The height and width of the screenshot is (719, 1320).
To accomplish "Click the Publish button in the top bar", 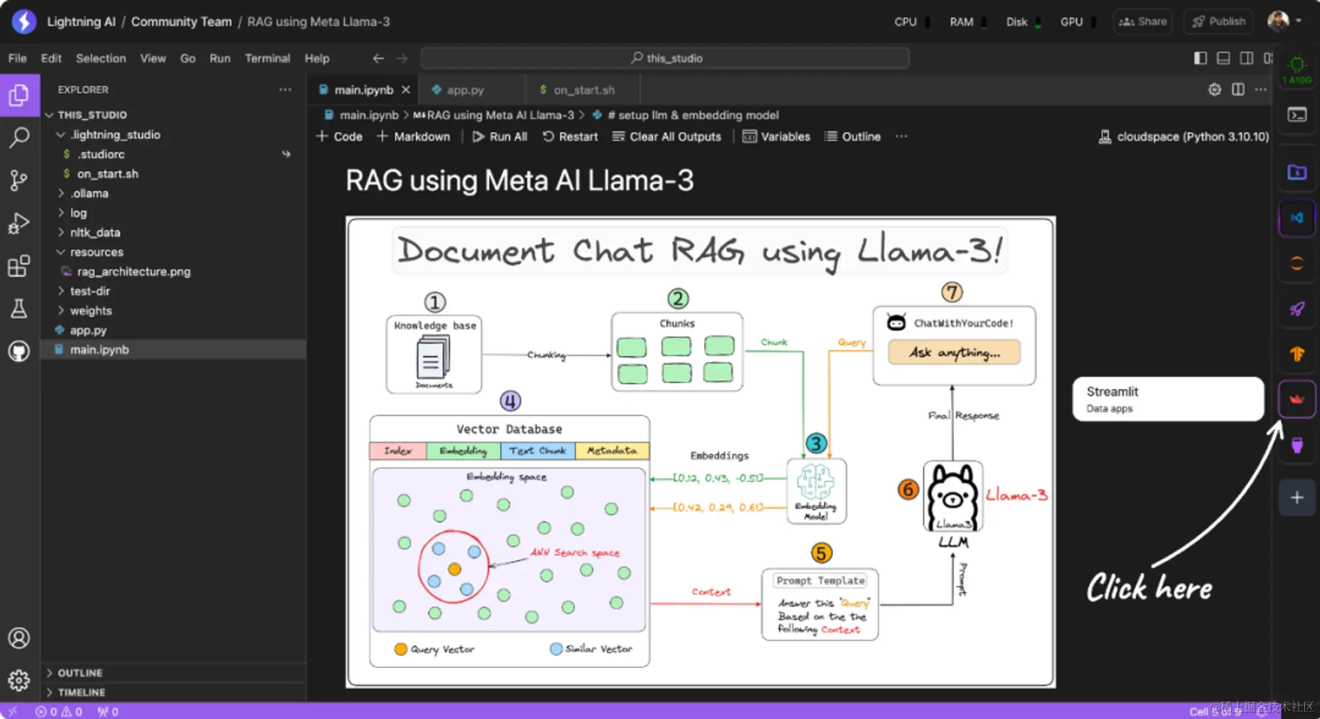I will point(1218,22).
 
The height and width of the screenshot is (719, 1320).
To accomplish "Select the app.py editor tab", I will point(465,90).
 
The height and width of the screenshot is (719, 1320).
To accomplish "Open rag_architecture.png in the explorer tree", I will point(133,271).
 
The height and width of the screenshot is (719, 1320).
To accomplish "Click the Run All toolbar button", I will point(500,137).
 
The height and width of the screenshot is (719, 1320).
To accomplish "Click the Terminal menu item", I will point(267,58).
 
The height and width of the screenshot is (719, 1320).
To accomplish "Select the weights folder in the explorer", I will point(91,310).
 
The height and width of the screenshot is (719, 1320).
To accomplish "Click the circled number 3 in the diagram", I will point(816,443).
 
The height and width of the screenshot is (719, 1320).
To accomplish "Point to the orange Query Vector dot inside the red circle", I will point(454,569).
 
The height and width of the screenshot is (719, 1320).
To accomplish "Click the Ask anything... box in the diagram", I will point(954,353).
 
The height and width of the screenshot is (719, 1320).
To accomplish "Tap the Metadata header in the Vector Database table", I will point(612,450).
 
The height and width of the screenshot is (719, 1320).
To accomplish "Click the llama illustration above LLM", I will point(952,495).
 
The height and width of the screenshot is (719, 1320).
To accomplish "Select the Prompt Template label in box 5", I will point(820,580).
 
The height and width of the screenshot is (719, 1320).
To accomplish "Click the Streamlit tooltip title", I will point(1112,392).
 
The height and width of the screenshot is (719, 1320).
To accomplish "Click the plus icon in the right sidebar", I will point(1297,498).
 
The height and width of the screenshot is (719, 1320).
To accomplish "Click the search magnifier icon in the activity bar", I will point(19,137).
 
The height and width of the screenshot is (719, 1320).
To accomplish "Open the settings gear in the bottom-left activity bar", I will point(19,680).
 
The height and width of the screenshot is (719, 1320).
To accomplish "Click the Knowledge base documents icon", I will point(433,357).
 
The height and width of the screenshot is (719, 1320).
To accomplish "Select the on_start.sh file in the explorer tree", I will point(108,174).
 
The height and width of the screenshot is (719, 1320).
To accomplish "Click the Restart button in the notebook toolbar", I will point(570,137).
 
